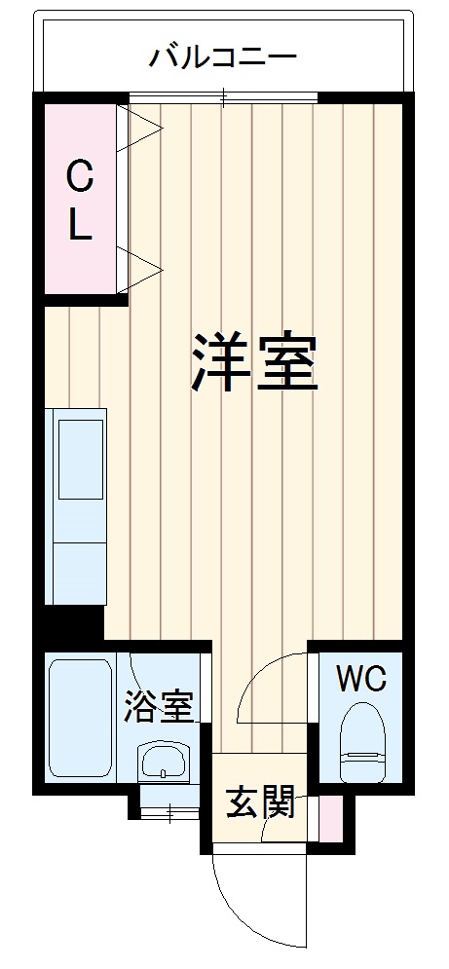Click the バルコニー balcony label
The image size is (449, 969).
click(x=222, y=57)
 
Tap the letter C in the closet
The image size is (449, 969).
click(x=80, y=178)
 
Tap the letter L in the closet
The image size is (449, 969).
click(x=80, y=226)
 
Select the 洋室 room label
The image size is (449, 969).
click(x=254, y=361)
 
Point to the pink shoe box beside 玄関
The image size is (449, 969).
click(x=330, y=818)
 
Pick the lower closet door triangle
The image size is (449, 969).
click(x=135, y=267)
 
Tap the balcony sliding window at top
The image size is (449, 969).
click(x=224, y=97)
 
